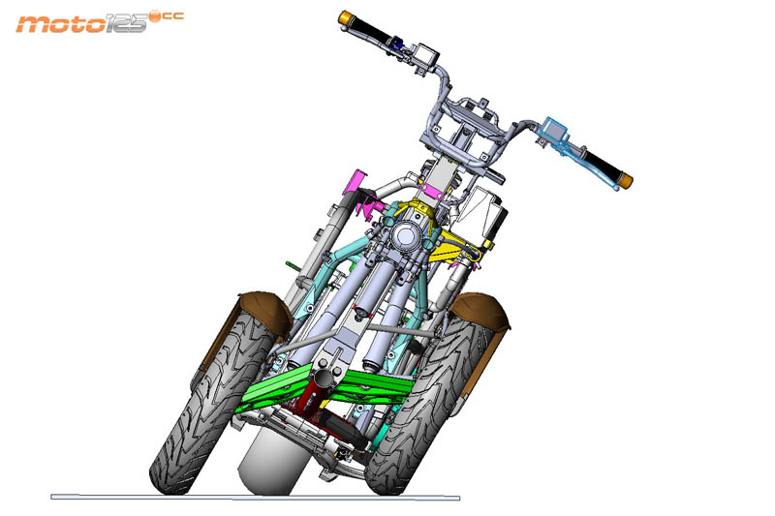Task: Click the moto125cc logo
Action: pos(100,22)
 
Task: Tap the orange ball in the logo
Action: pos(155,17)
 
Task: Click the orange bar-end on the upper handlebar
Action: pos(346,17)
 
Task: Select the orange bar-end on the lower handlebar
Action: pos(626,180)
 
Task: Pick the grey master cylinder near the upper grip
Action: pos(426,55)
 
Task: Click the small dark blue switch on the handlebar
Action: pos(396,44)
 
